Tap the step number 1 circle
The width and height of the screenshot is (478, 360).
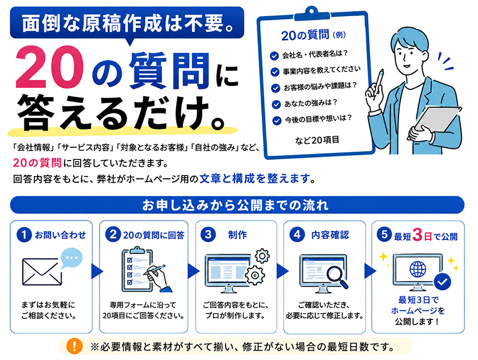point(24,235)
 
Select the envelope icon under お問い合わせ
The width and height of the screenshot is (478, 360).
point(42,272)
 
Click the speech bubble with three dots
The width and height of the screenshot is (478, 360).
point(71,258)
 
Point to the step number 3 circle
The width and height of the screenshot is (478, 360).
point(208,234)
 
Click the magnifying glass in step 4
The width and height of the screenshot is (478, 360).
point(337,277)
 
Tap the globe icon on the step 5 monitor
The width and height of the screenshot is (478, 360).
point(417,269)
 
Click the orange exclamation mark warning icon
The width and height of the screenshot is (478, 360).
point(74,346)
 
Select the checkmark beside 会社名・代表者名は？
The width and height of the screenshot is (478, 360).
point(274,56)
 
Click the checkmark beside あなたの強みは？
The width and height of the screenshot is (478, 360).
point(276,104)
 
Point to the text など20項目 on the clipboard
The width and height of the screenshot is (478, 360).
point(317,140)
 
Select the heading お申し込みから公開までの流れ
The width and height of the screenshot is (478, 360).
point(235,205)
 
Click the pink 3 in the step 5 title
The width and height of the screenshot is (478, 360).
point(417,235)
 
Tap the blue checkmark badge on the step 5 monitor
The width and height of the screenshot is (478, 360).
point(442,282)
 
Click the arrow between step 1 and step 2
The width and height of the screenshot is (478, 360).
point(97,271)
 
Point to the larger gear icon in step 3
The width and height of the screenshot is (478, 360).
point(255,276)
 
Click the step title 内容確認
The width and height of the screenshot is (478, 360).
point(330,235)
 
